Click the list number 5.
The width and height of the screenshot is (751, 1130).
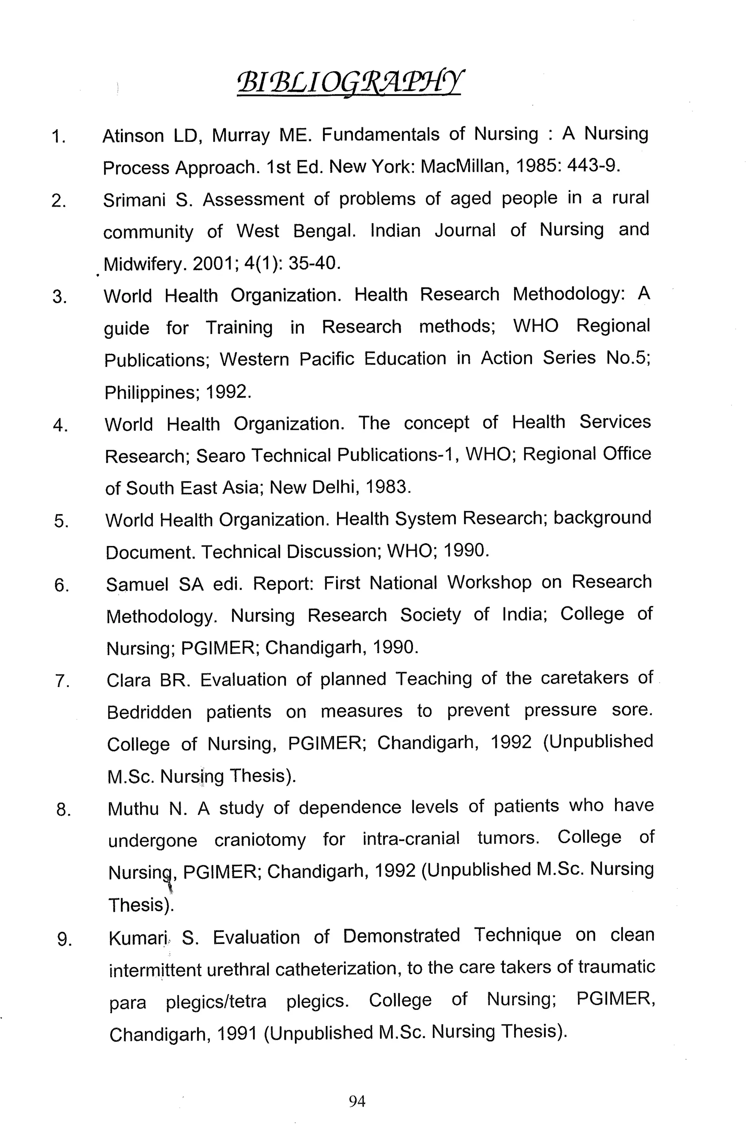tap(61, 521)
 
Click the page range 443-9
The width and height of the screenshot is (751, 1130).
tap(593, 166)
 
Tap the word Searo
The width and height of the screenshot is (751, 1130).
tap(220, 456)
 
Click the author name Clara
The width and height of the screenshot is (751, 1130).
tap(128, 680)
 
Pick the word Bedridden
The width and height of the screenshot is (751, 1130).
tap(149, 712)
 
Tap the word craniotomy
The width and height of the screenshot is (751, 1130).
tap(260, 840)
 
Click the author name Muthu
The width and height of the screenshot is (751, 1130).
tap(133, 809)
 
